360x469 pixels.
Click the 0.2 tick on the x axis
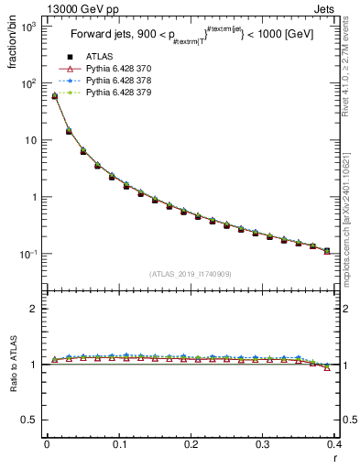click(x=191, y=444)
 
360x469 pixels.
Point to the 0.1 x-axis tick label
click(x=119, y=444)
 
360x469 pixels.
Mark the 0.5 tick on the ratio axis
click(x=29, y=420)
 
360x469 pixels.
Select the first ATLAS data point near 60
click(x=54, y=95)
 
